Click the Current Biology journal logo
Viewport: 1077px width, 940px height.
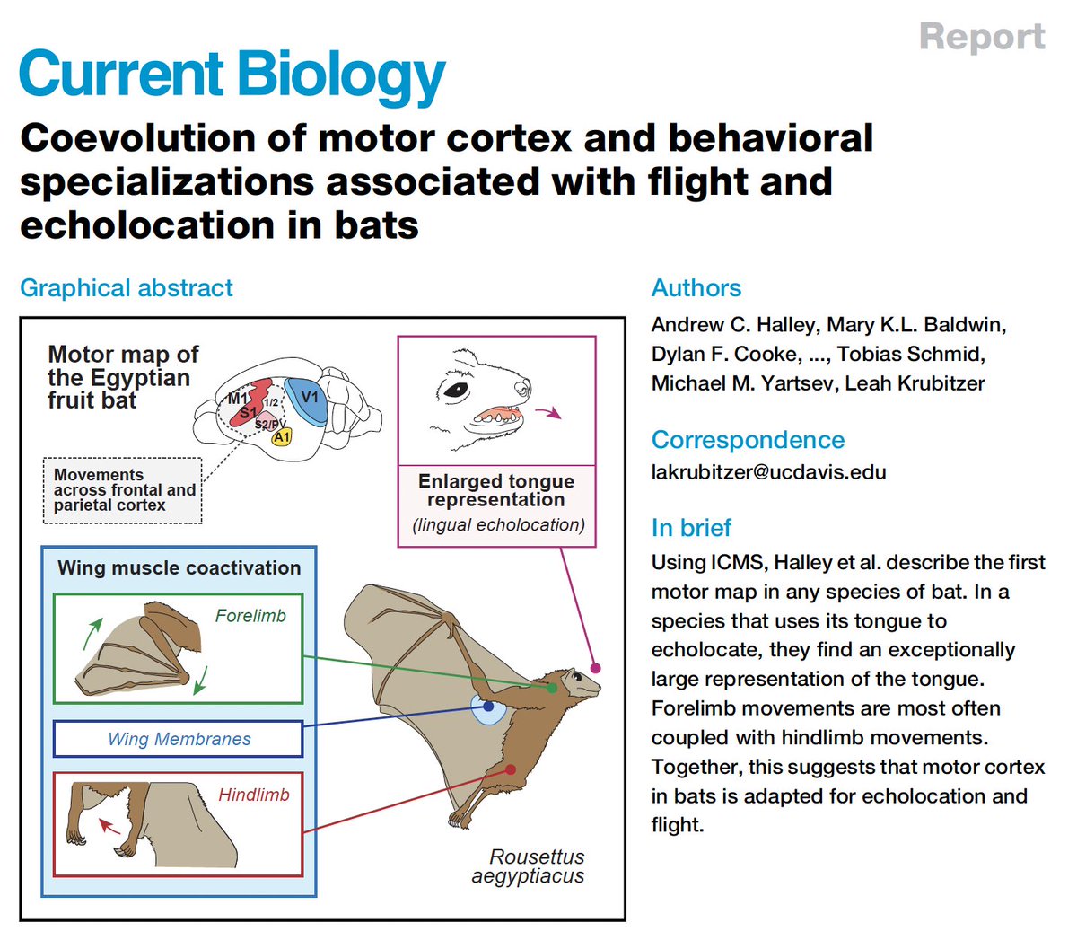232,75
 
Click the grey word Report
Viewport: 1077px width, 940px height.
982,37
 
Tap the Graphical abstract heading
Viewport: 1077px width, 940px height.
126,288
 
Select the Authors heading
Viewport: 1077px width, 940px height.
696,288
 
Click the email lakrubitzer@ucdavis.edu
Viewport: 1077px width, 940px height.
768,472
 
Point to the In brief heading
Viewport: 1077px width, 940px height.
691,528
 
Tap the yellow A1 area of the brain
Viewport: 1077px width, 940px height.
282,437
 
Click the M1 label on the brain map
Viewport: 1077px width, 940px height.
238,398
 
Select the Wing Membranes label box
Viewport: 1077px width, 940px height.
178,739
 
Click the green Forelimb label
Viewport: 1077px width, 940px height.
250,616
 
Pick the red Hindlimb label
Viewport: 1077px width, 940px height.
254,795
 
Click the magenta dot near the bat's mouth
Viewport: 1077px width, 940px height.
595,668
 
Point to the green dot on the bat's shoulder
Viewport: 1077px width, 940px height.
552,688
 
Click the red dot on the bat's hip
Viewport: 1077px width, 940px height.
510,769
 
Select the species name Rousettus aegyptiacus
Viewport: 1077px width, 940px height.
530,866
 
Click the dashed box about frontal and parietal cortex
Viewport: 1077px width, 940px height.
123,490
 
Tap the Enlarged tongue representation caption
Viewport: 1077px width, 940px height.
496,490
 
